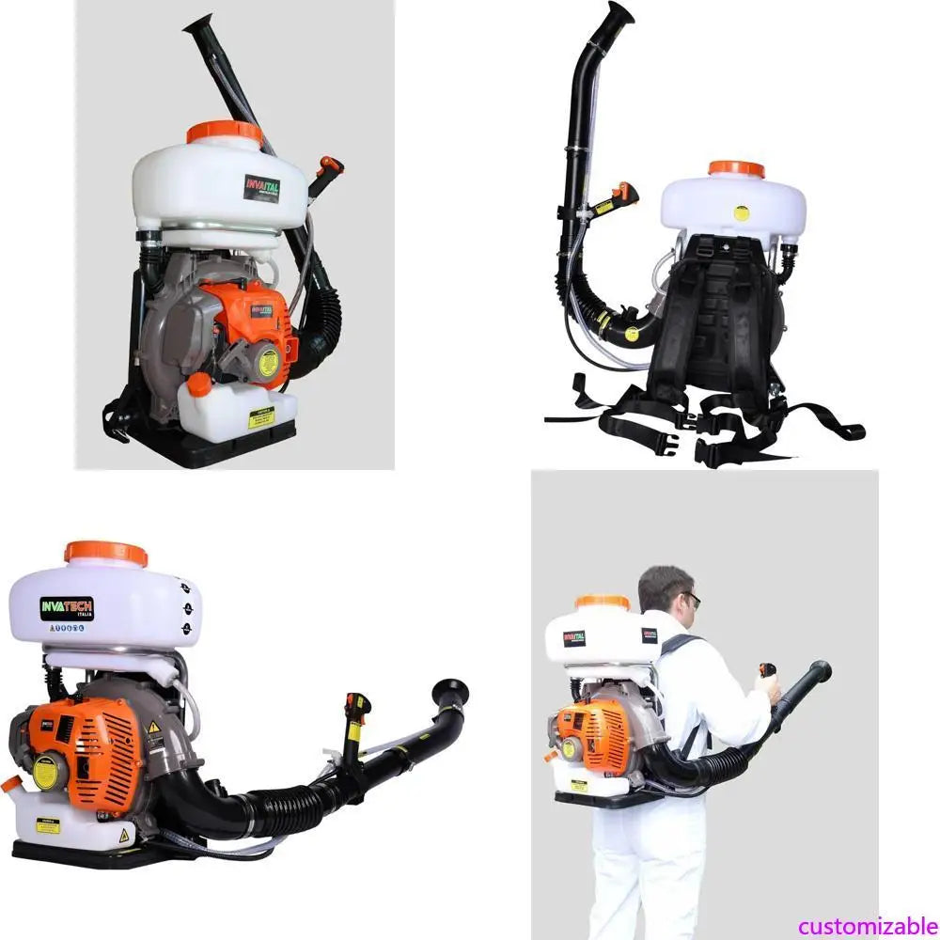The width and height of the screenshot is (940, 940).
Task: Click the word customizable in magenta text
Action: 868,926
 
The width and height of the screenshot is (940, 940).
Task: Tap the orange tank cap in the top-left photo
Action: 225,133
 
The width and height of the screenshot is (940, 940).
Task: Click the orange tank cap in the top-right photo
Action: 736,169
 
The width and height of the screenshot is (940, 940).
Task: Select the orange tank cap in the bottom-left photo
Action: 105,553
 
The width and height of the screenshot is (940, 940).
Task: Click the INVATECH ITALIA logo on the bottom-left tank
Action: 67,608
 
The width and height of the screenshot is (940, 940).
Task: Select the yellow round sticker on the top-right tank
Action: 741,213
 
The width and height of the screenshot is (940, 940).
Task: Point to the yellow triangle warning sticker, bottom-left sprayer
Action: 153,727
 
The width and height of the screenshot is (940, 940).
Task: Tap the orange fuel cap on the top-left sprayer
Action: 198,384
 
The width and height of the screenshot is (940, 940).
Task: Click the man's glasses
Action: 692,598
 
